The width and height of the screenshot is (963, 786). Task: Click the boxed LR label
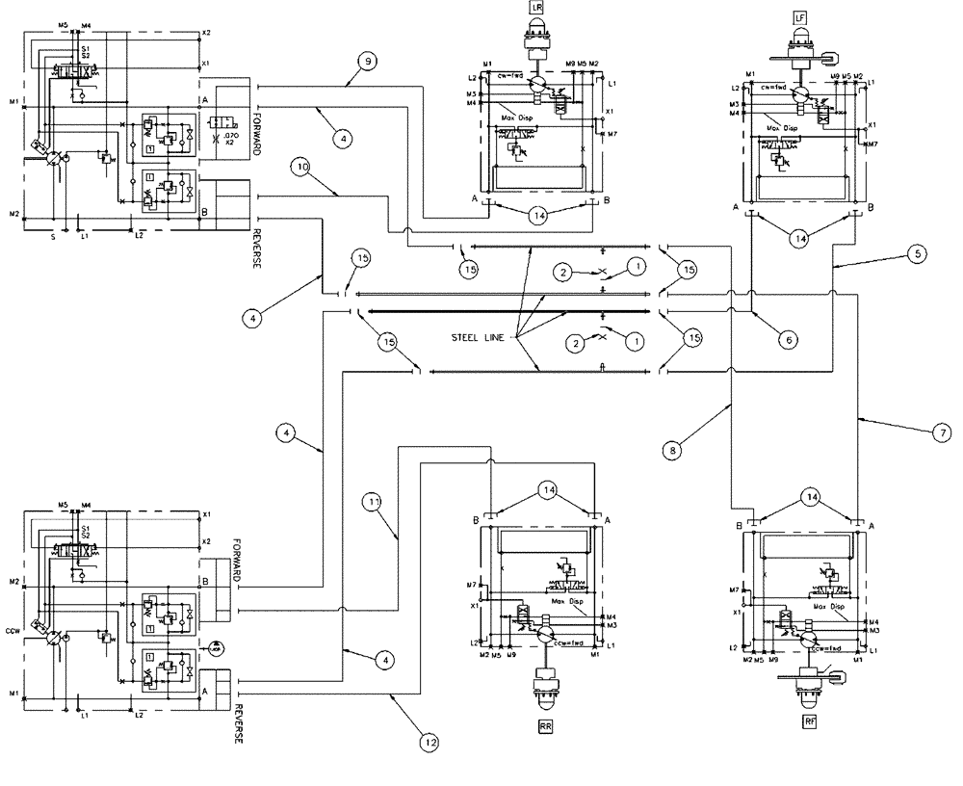(x=536, y=9)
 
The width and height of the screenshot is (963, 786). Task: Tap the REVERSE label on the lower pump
(x=238, y=724)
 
